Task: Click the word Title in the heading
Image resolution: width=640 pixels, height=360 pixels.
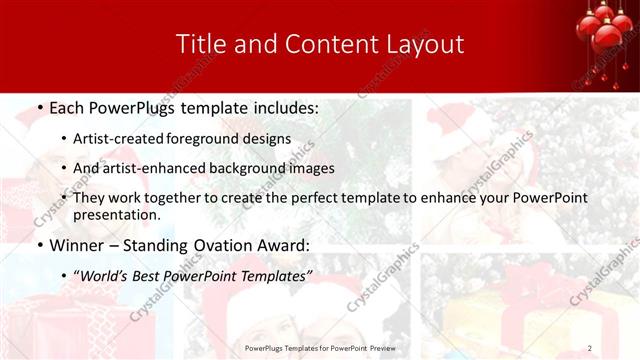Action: click(199, 44)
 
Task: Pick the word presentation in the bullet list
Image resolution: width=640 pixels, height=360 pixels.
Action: click(116, 215)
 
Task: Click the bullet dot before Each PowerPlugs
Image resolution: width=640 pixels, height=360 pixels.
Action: click(39, 107)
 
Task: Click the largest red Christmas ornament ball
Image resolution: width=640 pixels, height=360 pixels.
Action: click(607, 35)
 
